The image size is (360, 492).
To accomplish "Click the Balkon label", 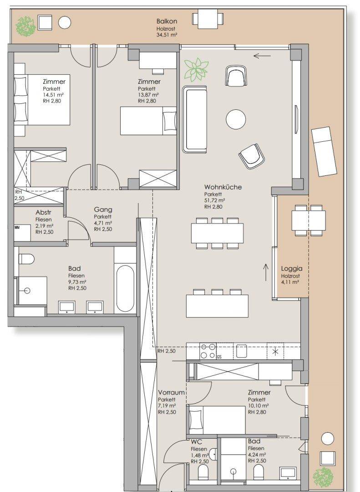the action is click(x=167, y=21).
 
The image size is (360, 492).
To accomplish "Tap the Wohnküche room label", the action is click(x=223, y=187).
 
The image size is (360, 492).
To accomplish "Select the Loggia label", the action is click(x=292, y=269).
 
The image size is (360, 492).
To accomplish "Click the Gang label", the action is click(x=103, y=210).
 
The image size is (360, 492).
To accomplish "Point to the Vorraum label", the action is click(x=171, y=393).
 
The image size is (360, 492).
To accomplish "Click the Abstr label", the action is click(x=43, y=213).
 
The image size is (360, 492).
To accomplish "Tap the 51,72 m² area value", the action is click(x=214, y=200).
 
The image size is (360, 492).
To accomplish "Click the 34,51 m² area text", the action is click(x=167, y=35).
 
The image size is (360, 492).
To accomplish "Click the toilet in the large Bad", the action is click(x=27, y=259).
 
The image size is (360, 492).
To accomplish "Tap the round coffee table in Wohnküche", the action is click(x=236, y=119).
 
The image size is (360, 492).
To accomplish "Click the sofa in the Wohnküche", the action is click(x=195, y=119).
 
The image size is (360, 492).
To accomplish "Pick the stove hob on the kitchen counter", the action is click(x=208, y=351).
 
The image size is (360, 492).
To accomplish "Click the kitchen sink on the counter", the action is click(x=242, y=351).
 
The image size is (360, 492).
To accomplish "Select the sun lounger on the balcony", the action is click(x=324, y=151).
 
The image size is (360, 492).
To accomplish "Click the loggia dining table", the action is click(x=309, y=220).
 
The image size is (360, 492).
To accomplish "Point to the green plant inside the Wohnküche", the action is click(x=196, y=70).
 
